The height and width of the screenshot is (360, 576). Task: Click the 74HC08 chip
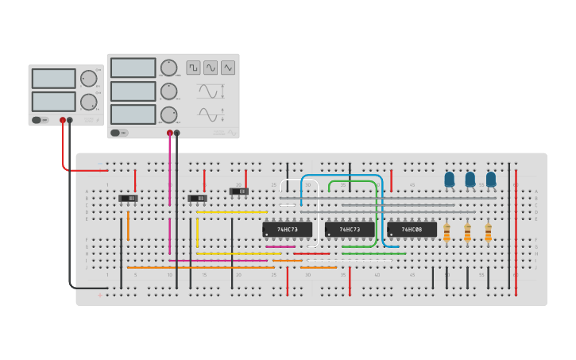tap(412, 230)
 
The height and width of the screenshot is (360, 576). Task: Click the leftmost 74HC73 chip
tap(287, 230)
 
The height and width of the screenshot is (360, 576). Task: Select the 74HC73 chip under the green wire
tap(350, 230)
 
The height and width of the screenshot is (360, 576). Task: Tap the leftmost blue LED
tap(449, 180)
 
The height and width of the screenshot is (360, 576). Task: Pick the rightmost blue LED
tap(491, 180)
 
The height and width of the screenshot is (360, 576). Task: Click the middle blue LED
tap(470, 180)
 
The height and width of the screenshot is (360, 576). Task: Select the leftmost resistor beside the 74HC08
tap(446, 232)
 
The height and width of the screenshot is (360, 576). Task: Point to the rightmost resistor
tap(488, 232)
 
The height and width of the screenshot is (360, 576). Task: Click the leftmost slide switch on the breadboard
tap(128, 198)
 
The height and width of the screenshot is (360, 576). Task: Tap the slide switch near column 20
tap(239, 192)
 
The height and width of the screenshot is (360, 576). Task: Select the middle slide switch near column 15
tap(197, 198)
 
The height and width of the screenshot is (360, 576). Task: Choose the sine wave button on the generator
tap(211, 68)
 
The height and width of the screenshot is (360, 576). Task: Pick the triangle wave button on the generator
tap(228, 68)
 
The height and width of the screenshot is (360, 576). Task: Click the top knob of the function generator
tap(168, 68)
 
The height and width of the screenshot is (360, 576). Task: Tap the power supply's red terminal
tap(63, 121)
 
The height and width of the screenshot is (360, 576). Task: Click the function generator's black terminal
tap(176, 134)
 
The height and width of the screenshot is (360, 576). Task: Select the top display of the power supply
tap(53, 78)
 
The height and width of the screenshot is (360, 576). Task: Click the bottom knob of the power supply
tap(88, 102)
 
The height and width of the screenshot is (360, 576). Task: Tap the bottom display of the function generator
tap(133, 114)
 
